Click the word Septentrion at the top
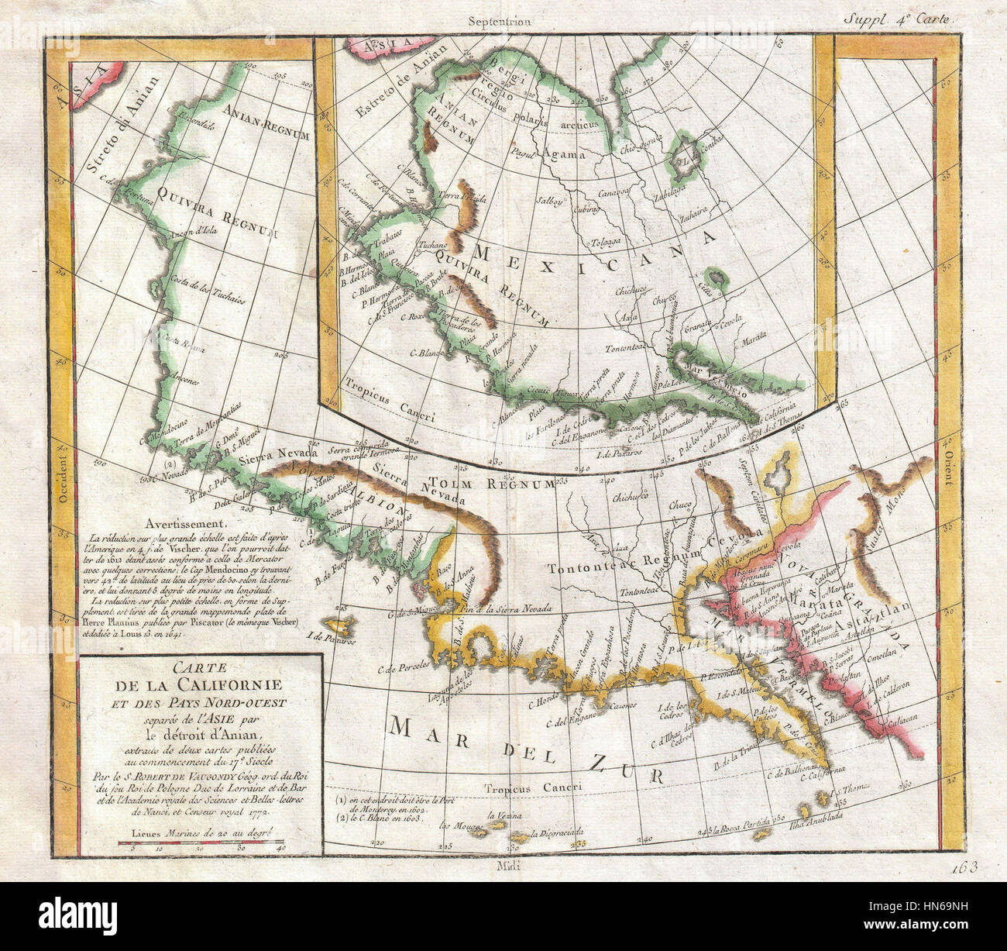[x=499, y=22]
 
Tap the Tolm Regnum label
[x=510, y=484]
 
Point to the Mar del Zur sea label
[x=527, y=748]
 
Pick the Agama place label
[x=563, y=153]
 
